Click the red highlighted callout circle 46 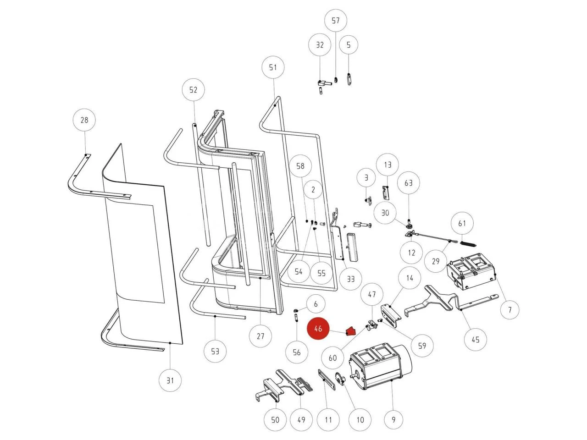tap(318, 329)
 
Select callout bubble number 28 tap(84, 121)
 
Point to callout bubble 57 tap(336, 21)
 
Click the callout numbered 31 tap(170, 380)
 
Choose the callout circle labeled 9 tap(393, 419)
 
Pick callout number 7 tap(509, 310)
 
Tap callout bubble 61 tap(462, 224)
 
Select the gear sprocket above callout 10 tap(340, 379)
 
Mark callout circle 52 tap(193, 90)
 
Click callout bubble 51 tap(273, 67)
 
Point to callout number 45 tap(476, 340)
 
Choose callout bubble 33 tap(350, 279)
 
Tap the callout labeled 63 tap(408, 183)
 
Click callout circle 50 tap(275, 420)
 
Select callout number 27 tap(260, 336)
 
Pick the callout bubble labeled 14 tap(410, 278)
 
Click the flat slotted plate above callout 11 tap(327, 379)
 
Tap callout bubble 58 tap(300, 166)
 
